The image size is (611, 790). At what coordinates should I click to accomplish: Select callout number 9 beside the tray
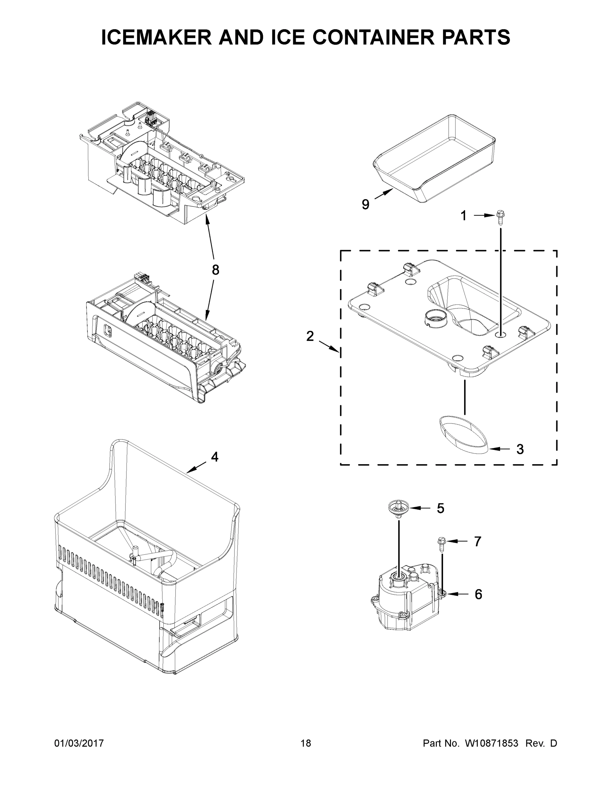366,205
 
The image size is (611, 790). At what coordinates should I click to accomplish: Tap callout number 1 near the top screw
463,216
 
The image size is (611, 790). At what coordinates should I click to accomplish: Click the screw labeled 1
501,217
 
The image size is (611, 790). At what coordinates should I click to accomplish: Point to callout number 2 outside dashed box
310,336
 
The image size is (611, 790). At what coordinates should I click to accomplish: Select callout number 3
520,449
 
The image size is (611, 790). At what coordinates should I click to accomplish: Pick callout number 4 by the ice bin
215,457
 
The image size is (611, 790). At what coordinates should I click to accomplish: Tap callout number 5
440,508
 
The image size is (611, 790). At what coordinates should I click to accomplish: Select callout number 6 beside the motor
478,594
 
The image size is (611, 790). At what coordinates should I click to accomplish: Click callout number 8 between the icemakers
215,270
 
